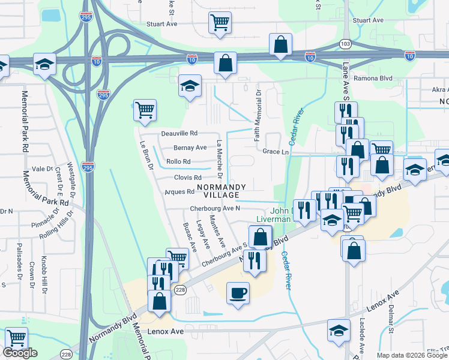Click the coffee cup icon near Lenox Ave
pos(238,293)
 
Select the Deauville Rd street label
pos(179,134)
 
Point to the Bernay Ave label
pos(190,148)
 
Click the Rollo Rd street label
pos(178,161)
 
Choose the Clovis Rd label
pos(187,178)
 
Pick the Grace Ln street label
pos(276,152)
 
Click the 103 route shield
pos(345,44)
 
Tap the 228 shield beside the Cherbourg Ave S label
pos(179,290)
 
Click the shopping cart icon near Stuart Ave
pos(220,23)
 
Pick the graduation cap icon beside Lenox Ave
pos(339,331)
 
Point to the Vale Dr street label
pos(43,169)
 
